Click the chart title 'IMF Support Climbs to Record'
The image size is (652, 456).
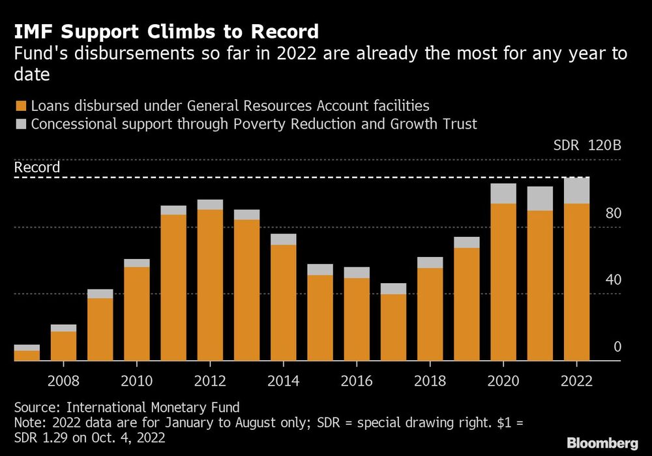(166, 31)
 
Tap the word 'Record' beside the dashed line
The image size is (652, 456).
(37, 168)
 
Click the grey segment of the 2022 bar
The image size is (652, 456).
(576, 190)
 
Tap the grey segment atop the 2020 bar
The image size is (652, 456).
(503, 194)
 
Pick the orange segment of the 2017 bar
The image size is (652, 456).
(393, 327)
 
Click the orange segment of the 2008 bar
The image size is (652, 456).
(63, 346)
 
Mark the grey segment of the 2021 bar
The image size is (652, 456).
(540, 198)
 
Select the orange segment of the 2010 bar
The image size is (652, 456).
(137, 313)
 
